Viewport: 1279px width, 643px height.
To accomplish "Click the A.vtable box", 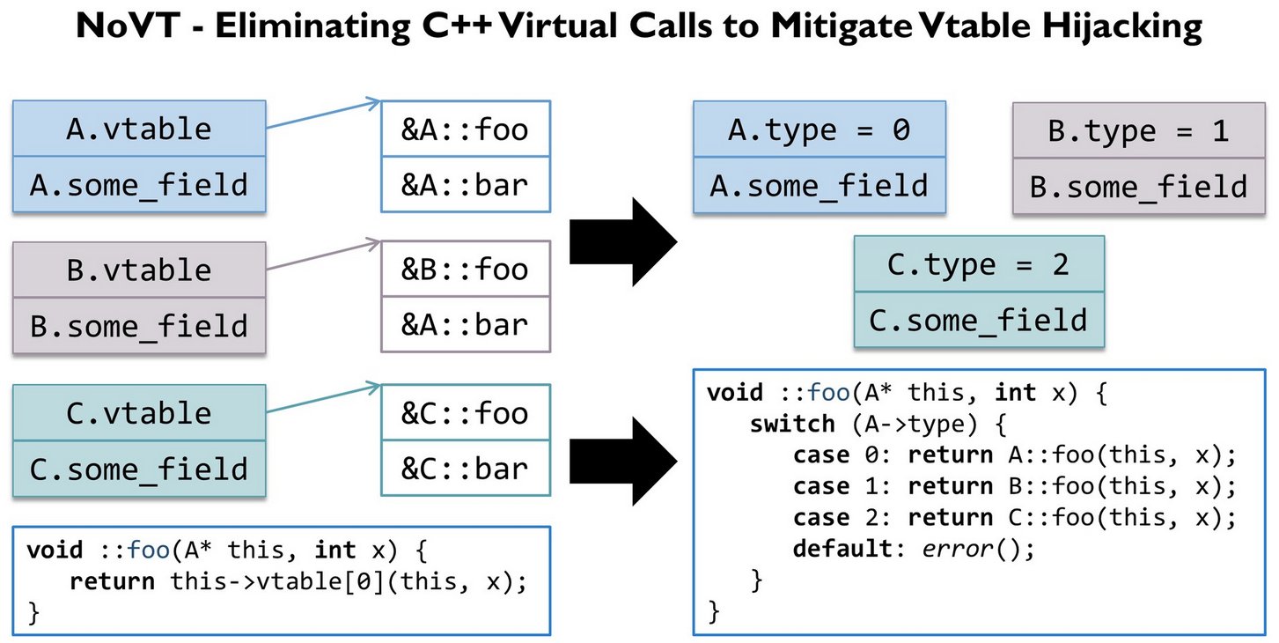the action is coord(139,129).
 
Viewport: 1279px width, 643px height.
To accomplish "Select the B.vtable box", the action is coord(139,270).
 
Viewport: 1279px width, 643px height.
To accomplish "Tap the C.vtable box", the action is coord(139,413).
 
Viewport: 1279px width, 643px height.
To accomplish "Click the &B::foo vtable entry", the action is coord(465,269).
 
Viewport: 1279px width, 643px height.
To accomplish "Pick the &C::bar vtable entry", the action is coord(465,468).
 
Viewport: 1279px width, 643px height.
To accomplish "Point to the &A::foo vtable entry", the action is coord(465,129).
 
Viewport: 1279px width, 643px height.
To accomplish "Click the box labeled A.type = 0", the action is coord(819,129).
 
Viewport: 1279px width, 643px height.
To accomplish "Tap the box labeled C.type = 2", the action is coord(978,264).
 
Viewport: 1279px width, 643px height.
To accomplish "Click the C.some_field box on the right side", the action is coord(978,319).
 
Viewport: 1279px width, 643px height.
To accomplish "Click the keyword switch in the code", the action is coord(791,424).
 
